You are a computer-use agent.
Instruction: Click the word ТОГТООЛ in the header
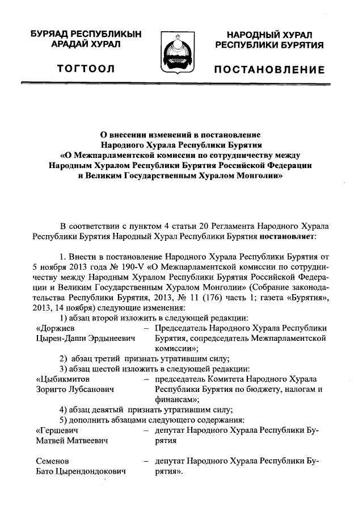click(x=86, y=69)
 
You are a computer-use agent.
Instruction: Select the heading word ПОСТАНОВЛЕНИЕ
click(x=269, y=70)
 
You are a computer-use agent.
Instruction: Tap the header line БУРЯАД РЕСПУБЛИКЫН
click(x=86, y=35)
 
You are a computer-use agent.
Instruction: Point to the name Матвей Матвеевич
click(x=73, y=441)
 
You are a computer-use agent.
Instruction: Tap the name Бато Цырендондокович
click(x=81, y=471)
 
